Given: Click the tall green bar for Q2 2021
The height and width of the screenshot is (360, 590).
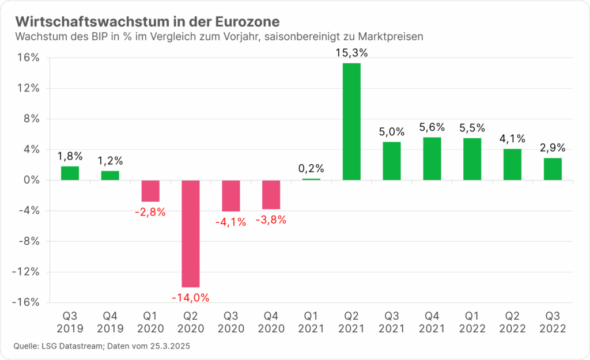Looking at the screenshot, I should [351, 122].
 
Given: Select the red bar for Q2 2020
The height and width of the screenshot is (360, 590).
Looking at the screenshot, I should [191, 233].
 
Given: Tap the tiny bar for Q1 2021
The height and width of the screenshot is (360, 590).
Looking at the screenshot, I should [311, 179].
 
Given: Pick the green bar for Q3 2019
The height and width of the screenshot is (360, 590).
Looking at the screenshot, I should [70, 173].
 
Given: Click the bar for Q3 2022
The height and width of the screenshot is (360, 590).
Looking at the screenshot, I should [553, 169].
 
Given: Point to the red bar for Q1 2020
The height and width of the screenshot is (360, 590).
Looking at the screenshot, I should [150, 191].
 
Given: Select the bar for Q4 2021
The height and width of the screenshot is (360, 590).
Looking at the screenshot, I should [432, 158].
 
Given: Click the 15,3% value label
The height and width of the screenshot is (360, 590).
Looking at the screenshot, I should [351, 53].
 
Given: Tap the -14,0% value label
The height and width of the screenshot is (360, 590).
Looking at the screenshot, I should [191, 298].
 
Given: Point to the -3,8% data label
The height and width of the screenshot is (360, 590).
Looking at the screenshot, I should [271, 219].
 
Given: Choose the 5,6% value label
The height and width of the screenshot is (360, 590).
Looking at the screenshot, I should [432, 127].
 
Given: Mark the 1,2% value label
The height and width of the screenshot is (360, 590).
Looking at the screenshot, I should [110, 161].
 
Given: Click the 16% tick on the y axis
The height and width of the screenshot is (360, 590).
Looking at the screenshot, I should [28, 58].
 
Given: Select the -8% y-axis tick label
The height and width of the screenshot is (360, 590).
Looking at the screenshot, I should [27, 241].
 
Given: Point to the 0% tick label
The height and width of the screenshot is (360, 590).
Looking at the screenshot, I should [31, 180].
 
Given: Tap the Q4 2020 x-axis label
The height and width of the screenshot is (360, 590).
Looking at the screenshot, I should [271, 322].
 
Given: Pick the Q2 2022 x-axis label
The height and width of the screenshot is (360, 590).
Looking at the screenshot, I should [512, 322].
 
